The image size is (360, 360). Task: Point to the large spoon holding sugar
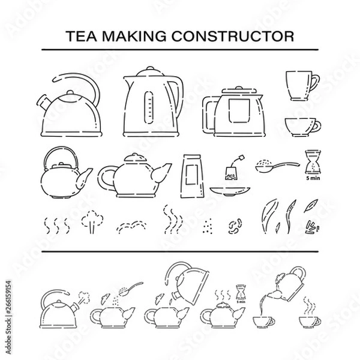[x=274, y=166]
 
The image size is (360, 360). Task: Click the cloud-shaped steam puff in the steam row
[x=91, y=221]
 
